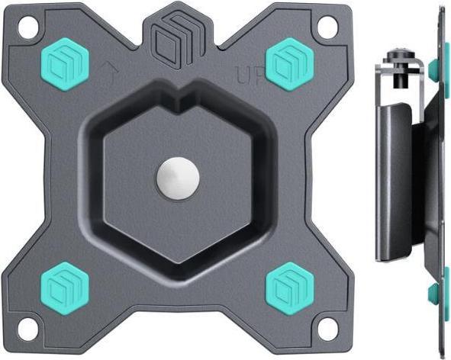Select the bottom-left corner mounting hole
(28, 330)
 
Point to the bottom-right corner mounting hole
(327, 330)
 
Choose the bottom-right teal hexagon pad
(288, 283)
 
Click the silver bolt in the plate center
(178, 178)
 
